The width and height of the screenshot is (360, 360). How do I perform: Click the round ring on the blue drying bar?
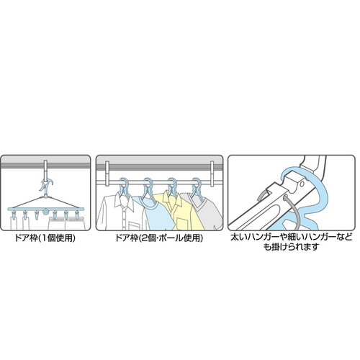pyautogui.click(x=45, y=212)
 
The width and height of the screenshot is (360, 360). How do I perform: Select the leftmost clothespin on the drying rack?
pyautogui.click(x=13, y=214)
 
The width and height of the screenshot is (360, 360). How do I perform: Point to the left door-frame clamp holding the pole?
pyautogui.click(x=107, y=174)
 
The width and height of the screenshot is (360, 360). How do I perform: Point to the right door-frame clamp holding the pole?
pyautogui.click(x=212, y=174)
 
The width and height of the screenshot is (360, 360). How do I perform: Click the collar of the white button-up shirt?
pyautogui.click(x=125, y=199)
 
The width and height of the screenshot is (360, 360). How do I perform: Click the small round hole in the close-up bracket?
pyautogui.click(x=302, y=184)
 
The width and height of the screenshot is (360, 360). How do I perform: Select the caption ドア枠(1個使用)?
pyautogui.click(x=45, y=238)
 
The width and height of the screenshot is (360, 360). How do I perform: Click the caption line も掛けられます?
pyautogui.click(x=291, y=247)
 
